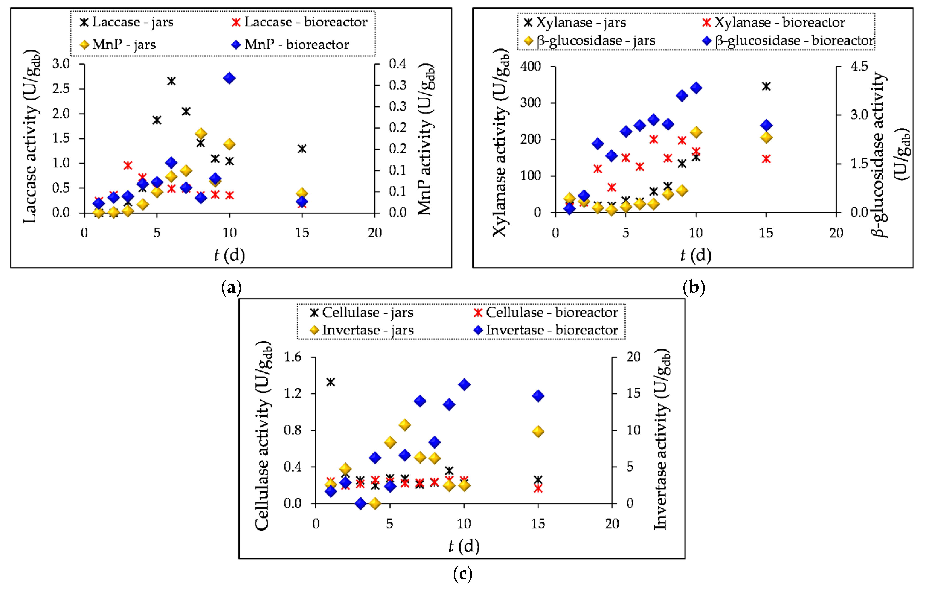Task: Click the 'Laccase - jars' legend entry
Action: pyautogui.click(x=127, y=22)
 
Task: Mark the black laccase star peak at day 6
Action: pyautogui.click(x=171, y=81)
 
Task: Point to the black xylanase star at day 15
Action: pyautogui.click(x=766, y=86)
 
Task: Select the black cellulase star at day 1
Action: pyautogui.click(x=330, y=382)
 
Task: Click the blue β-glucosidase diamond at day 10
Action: pyautogui.click(x=696, y=88)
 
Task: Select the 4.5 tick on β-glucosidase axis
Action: pyautogui.click(x=859, y=66)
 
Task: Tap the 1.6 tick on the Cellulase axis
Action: pyautogui.click(x=293, y=357)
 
